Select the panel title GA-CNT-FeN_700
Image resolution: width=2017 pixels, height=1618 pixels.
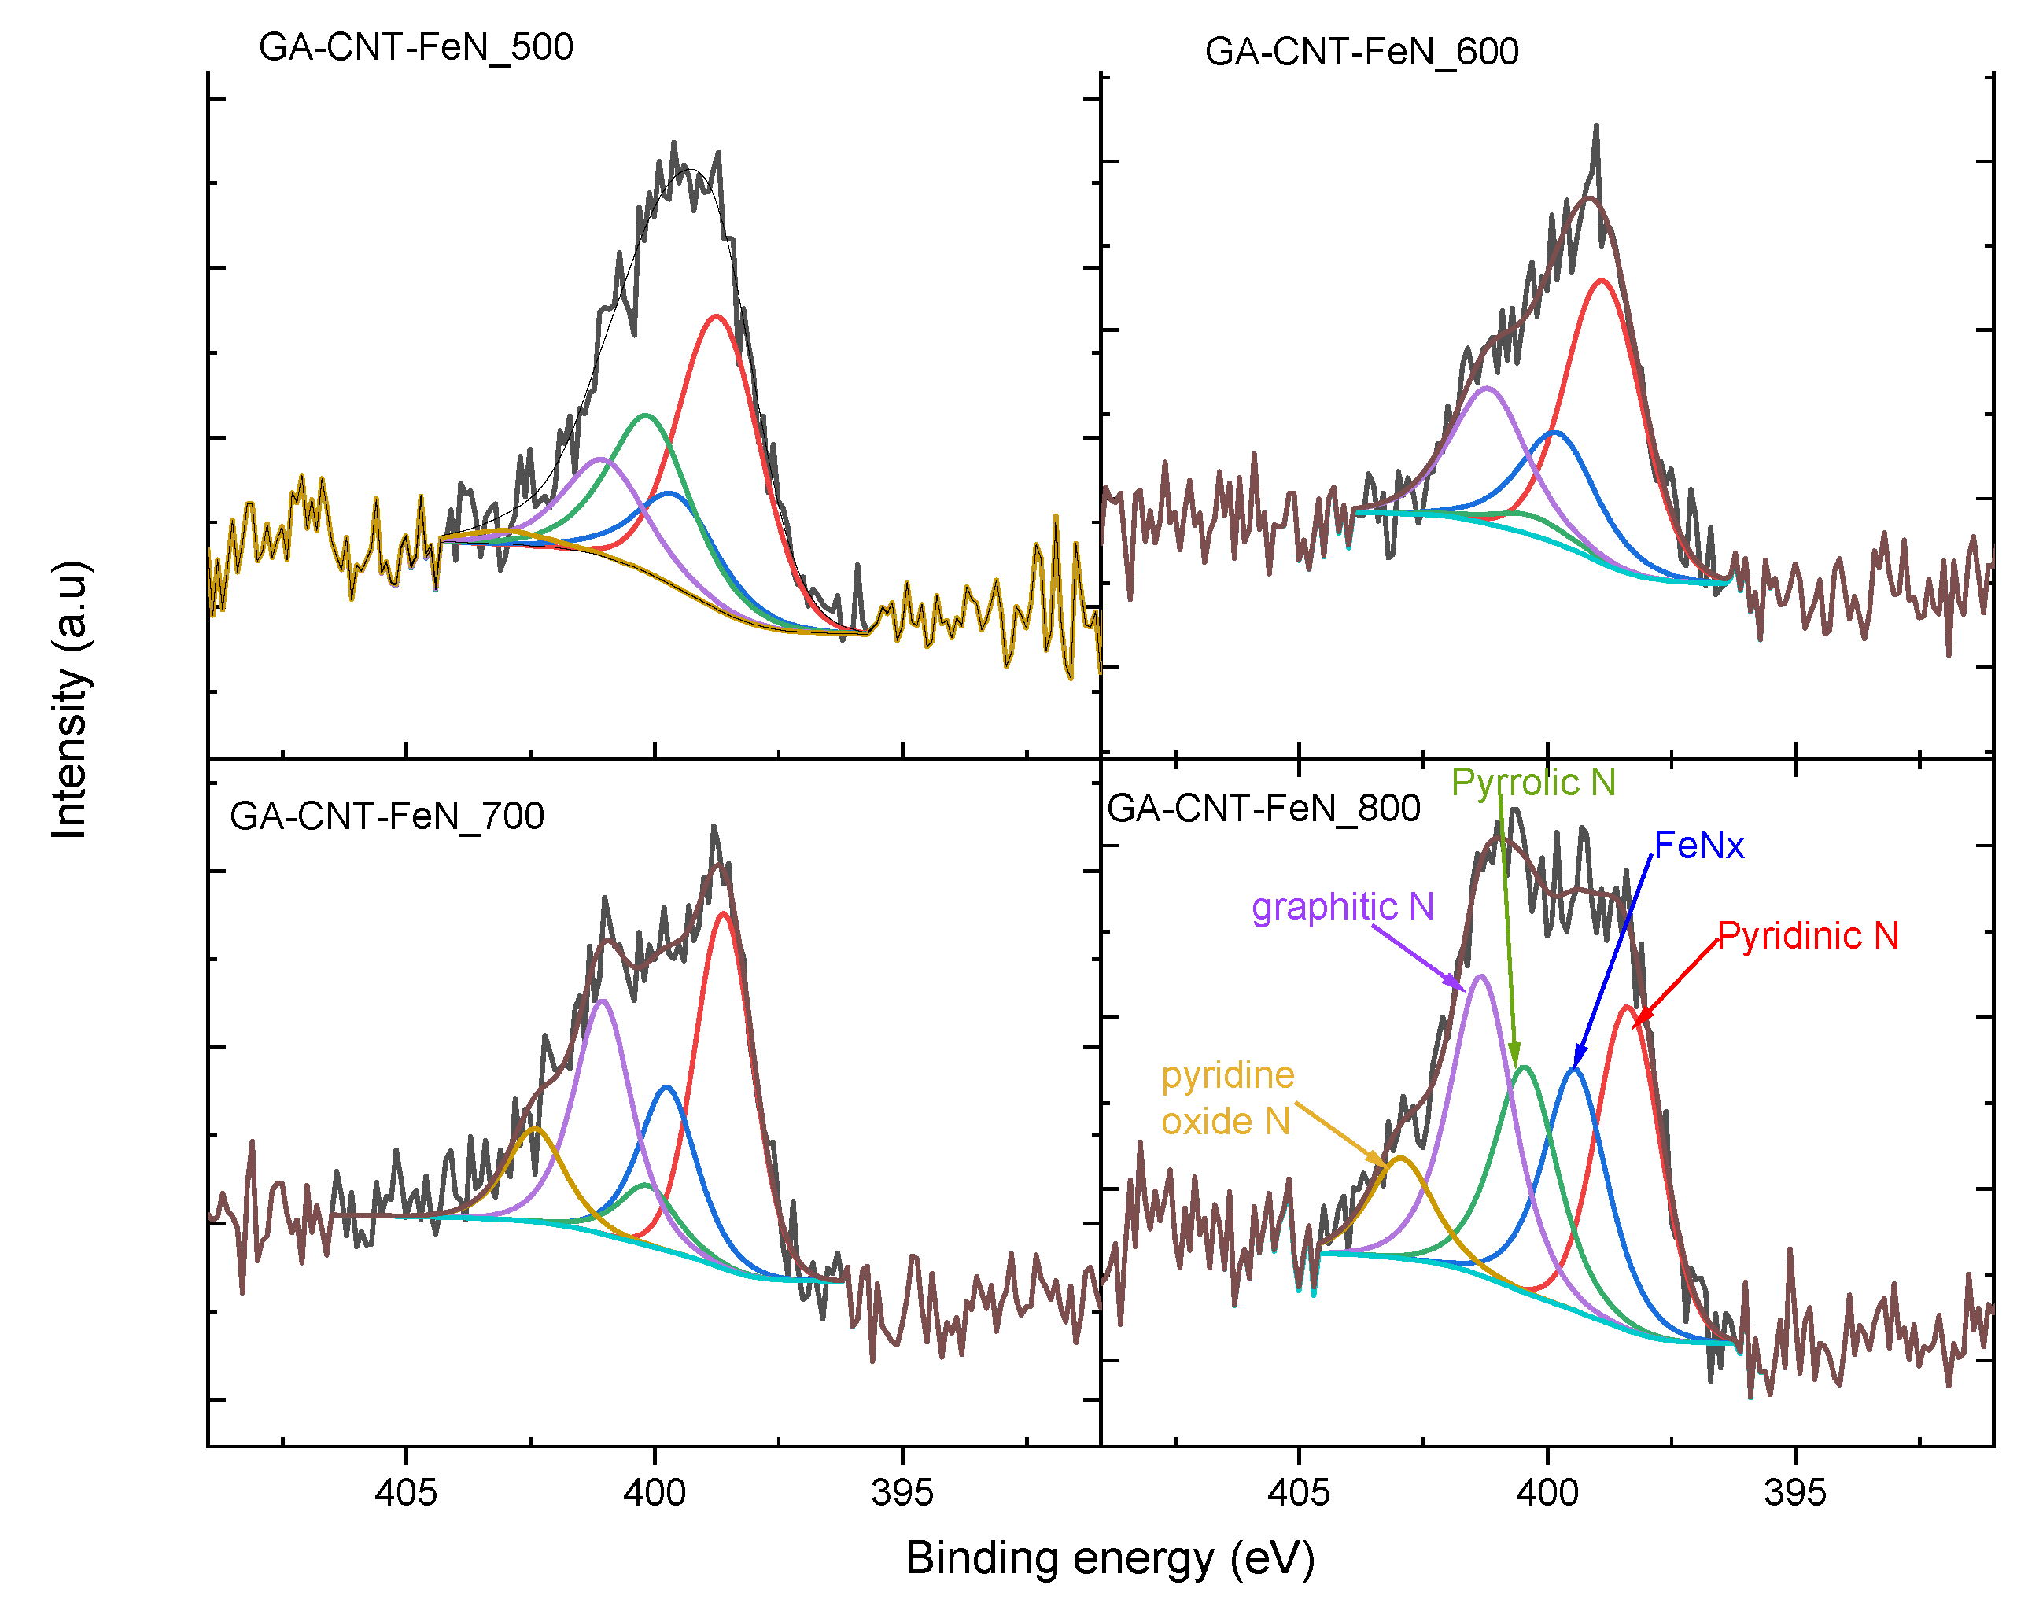(x=386, y=816)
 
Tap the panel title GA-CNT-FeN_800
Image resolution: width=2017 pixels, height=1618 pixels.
(x=1263, y=808)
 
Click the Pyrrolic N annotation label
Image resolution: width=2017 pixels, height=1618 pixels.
(x=1533, y=783)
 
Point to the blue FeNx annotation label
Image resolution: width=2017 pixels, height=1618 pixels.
(x=1698, y=846)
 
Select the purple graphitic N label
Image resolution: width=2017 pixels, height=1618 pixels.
(x=1343, y=907)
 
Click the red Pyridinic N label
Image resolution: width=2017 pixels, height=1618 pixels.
(x=1808, y=936)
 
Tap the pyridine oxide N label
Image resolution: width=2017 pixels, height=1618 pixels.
(x=1227, y=1099)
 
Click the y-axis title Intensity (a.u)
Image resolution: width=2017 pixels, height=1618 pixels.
(x=70, y=699)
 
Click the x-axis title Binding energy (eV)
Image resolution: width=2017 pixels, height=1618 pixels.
(x=1111, y=1559)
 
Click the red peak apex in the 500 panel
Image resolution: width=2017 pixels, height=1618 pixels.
(x=716, y=316)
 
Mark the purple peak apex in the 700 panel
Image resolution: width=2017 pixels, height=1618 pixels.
(x=603, y=1001)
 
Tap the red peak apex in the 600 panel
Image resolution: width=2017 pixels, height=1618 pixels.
(x=1602, y=280)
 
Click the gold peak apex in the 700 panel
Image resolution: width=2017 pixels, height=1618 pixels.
(x=535, y=1129)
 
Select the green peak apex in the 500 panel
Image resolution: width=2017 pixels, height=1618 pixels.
(x=646, y=415)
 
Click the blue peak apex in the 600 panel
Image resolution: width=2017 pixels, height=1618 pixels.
(x=1554, y=432)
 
